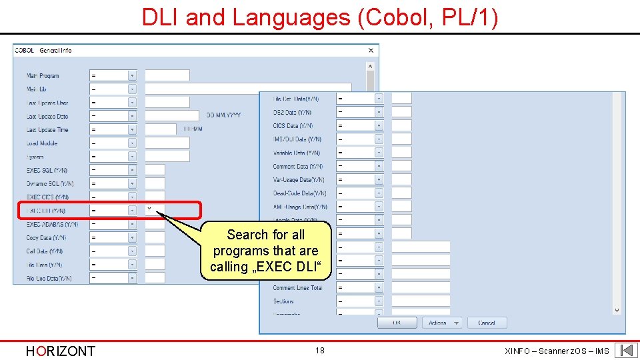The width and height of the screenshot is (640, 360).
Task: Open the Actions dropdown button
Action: coord(442,323)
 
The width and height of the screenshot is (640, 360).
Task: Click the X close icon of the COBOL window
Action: coord(371,51)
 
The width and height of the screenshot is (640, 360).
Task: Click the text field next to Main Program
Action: coord(167,75)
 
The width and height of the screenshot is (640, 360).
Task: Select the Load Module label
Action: coord(42,143)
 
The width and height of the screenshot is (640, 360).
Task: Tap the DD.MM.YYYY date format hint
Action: coord(223,115)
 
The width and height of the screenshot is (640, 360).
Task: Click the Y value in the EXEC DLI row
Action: coord(149,209)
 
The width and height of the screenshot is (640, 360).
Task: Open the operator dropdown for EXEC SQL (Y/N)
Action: coord(132,170)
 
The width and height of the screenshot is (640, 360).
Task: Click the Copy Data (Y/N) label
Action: coord(46,238)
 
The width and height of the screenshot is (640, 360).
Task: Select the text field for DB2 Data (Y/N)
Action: coord(401,112)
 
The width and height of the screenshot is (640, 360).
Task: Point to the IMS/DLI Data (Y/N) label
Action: coord(297,139)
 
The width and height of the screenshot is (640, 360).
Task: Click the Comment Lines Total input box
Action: coord(421,287)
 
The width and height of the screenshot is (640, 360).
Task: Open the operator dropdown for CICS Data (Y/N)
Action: coord(379,125)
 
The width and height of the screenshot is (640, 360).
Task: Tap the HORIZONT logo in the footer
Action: coord(60,351)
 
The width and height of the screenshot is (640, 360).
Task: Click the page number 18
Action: coord(320,350)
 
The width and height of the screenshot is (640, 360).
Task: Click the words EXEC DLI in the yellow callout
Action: coord(293,267)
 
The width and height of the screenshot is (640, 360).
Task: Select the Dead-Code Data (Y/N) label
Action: coord(299,193)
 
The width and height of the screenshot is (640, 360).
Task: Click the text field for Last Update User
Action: coord(167,103)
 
